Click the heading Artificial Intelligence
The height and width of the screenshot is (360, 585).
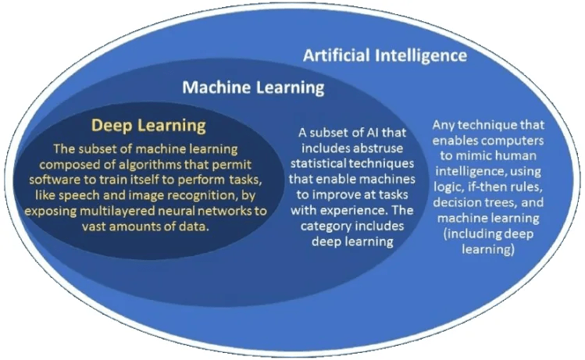pos(384,55)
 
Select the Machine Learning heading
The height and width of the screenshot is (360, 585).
pos(253,87)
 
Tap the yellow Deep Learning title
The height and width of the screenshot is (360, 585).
pos(148,126)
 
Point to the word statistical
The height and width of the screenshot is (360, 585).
pos(318,163)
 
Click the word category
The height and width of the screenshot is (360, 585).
pos(326,226)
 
